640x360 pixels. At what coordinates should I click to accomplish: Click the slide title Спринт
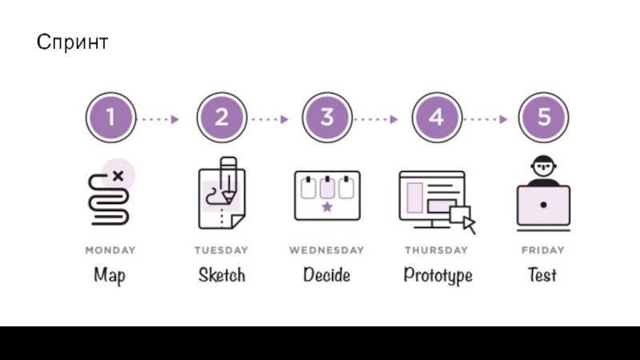(72, 42)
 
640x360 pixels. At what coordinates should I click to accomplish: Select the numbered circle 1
(110, 118)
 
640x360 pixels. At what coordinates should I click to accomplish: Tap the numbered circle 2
(221, 118)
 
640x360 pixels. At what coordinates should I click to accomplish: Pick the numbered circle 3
(327, 118)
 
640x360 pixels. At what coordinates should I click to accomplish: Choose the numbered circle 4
(436, 118)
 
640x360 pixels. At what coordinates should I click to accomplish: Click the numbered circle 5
(544, 118)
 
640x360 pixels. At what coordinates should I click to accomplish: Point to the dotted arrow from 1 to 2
(159, 119)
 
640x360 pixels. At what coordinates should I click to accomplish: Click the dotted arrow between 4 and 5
(485, 119)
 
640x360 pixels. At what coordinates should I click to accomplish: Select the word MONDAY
(110, 250)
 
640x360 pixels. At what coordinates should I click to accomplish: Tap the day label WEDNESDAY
(326, 250)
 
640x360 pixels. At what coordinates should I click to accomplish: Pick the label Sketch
(222, 275)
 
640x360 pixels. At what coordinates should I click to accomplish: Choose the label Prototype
(438, 276)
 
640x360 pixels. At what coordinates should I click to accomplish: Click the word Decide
(326, 275)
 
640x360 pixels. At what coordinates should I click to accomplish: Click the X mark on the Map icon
(119, 175)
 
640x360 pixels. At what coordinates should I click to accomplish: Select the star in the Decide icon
(326, 208)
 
